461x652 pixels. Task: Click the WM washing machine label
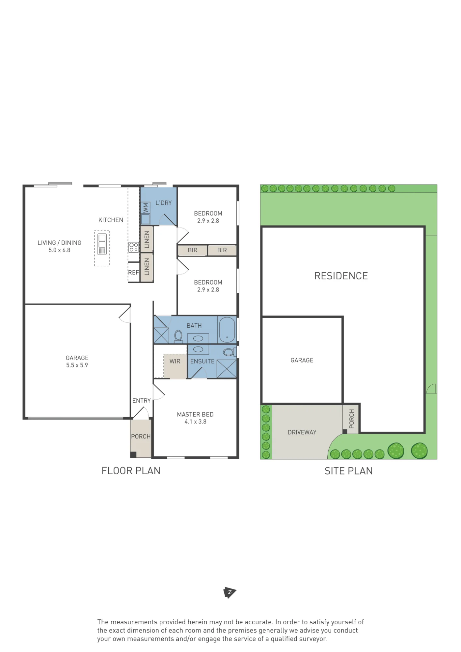click(x=146, y=208)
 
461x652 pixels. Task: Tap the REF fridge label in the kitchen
click(x=133, y=273)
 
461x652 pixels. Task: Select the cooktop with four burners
click(x=134, y=247)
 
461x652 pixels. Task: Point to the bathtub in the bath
click(x=227, y=330)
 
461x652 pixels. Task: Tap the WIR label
click(x=175, y=361)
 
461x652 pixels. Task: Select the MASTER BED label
click(x=195, y=414)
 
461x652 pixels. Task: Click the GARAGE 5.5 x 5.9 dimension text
click(x=77, y=365)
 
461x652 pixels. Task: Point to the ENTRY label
click(x=141, y=401)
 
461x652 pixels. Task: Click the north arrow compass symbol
click(x=230, y=592)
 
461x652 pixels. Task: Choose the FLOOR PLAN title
click(x=131, y=471)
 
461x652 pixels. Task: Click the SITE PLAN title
click(x=349, y=471)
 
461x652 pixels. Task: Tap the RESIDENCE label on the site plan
click(x=341, y=276)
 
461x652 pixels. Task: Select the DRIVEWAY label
click(x=302, y=432)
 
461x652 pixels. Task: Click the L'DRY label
click(x=164, y=203)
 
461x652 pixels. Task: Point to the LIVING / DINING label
click(x=59, y=243)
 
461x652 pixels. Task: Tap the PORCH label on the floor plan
click(x=141, y=437)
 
